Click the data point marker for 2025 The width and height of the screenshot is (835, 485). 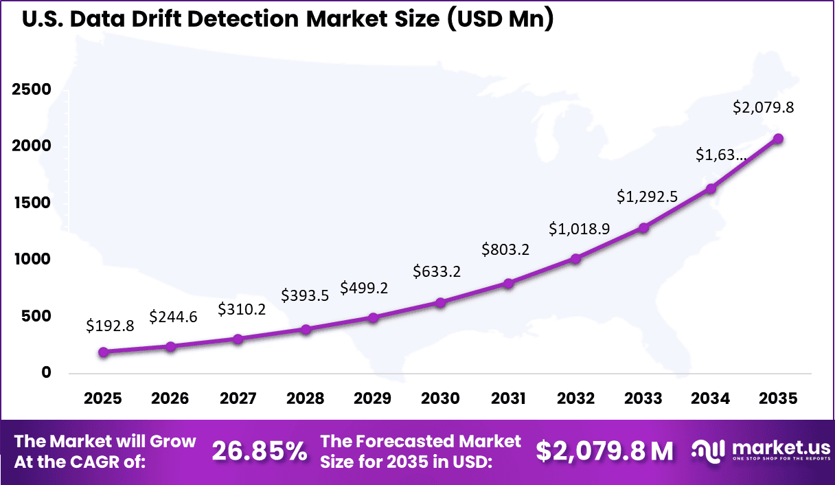pyautogui.click(x=104, y=352)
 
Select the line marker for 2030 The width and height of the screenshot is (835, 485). pyautogui.click(x=441, y=302)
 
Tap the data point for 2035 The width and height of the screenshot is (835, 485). pyautogui.click(x=778, y=139)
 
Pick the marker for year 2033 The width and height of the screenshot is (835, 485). pyautogui.click(x=643, y=227)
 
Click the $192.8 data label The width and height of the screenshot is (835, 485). pyautogui.click(x=109, y=326)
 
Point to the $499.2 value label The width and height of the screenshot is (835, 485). pyautogui.click(x=365, y=288)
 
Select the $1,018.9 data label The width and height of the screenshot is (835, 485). pyautogui.click(x=579, y=229)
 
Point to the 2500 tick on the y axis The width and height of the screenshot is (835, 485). pyautogui.click(x=31, y=90)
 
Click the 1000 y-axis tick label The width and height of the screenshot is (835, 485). pyautogui.click(x=31, y=260)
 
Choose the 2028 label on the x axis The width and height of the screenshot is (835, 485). pyautogui.click(x=306, y=398)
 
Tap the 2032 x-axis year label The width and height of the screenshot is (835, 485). pyautogui.click(x=575, y=398)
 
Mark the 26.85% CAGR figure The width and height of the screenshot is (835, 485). pyautogui.click(x=260, y=451)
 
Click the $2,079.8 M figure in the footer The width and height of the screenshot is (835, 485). pyautogui.click(x=604, y=451)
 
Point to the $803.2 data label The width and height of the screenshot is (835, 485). pyautogui.click(x=505, y=249)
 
